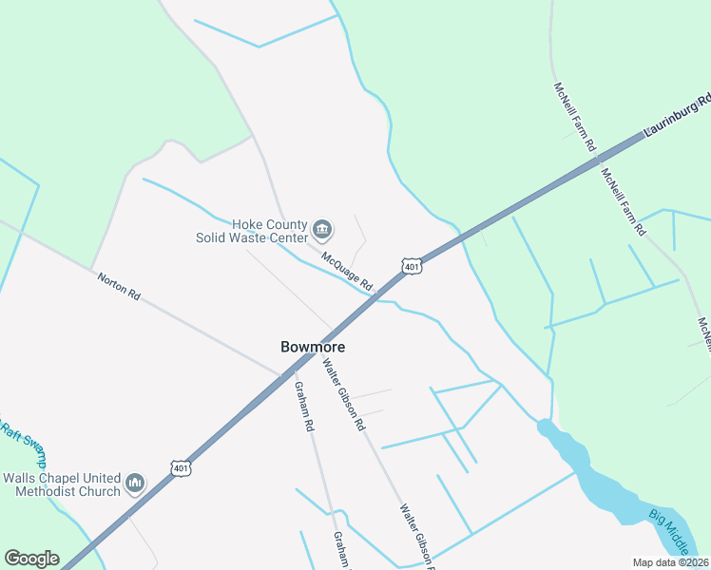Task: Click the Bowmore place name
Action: [x=313, y=347]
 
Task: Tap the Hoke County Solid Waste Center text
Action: [x=251, y=231]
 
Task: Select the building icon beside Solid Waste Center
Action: [x=322, y=230]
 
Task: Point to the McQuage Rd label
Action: [x=346, y=271]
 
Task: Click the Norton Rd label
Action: [x=119, y=286]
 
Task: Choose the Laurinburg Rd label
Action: [x=679, y=115]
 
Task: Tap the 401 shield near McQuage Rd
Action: [x=411, y=266]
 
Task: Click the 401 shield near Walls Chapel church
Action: [x=181, y=466]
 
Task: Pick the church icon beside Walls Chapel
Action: [x=136, y=484]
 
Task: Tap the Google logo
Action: [x=31, y=559]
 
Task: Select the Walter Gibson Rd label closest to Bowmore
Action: [x=343, y=393]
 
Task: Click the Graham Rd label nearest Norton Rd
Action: [x=303, y=407]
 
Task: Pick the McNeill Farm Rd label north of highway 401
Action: [x=574, y=117]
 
